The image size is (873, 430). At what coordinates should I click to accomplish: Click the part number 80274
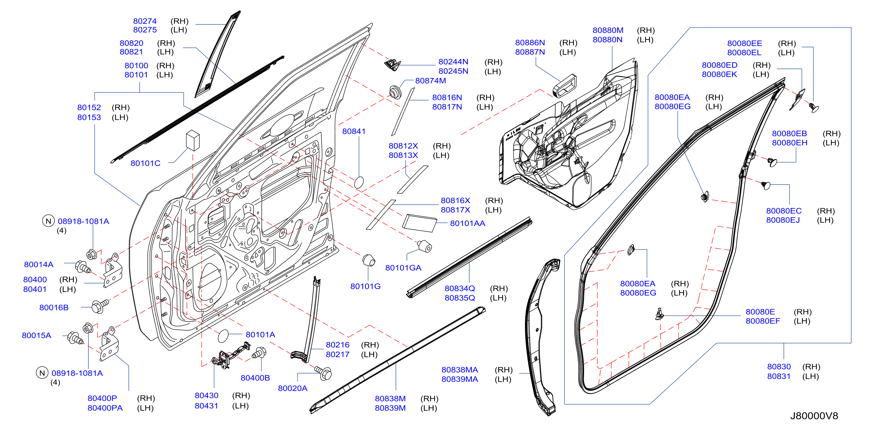pos(145,21)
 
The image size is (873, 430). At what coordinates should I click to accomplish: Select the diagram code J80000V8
pos(814,416)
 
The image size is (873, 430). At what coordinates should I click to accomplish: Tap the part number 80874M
pos(430,81)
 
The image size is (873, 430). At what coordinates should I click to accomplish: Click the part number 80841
pos(354,131)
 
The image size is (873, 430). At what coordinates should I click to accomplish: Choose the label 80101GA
pos(403,268)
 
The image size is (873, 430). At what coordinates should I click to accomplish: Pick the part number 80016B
pos(54,307)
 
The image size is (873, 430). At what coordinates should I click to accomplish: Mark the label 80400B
pos(255,378)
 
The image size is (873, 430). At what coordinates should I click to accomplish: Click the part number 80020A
pos(292,388)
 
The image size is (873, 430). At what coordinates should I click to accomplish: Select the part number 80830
pos(779,367)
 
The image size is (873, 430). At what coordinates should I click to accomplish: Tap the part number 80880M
pos(608,30)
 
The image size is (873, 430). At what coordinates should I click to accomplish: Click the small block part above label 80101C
pos(193,140)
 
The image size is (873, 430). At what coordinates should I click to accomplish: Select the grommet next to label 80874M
pos(394,92)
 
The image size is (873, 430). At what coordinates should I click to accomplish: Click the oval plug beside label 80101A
pos(224,336)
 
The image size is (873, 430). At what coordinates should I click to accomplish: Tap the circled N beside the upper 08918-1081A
pos(48,221)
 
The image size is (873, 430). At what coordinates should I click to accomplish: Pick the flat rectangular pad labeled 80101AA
pos(419,223)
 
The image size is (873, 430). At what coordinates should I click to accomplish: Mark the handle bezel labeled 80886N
pos(565,85)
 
